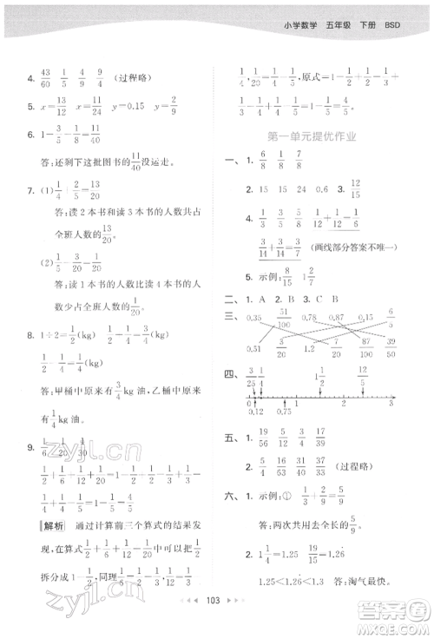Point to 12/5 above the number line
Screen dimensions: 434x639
click(x=362, y=376)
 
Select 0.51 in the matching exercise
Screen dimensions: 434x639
click(x=253, y=348)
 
